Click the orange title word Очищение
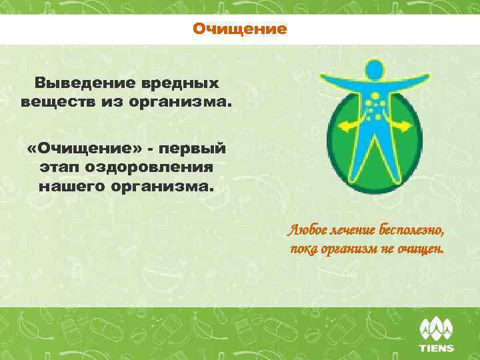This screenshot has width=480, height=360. (x=240, y=29)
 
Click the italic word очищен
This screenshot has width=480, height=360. (x=425, y=249)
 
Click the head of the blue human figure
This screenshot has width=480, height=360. (x=374, y=69)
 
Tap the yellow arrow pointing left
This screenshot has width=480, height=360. (x=348, y=124)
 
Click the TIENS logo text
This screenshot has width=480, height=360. (x=436, y=348)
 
